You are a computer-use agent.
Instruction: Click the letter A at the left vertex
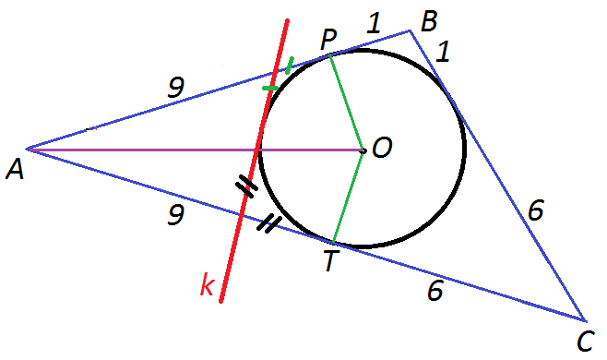(x=15, y=171)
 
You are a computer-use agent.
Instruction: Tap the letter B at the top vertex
(x=429, y=21)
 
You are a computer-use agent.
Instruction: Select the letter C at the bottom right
(x=585, y=342)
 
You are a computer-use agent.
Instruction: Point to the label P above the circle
(x=328, y=40)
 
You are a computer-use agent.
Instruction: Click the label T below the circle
(x=331, y=261)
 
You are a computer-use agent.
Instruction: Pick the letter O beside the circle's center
(x=383, y=148)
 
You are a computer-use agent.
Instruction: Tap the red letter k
(x=207, y=284)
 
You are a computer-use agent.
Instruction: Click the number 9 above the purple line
(x=176, y=87)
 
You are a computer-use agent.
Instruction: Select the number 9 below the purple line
(x=176, y=215)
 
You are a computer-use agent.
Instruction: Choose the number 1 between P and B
(x=374, y=23)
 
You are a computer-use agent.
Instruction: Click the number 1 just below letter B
(x=443, y=52)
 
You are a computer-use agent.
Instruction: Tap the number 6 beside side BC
(x=536, y=210)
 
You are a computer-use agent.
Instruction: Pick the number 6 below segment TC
(x=435, y=291)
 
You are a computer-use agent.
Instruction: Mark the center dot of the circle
(x=363, y=150)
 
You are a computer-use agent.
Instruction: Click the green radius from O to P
(x=346, y=103)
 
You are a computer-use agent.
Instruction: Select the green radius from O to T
(x=348, y=197)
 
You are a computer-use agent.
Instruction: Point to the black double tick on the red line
(x=246, y=186)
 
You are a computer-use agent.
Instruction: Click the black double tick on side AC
(x=268, y=224)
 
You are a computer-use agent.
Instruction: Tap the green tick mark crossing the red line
(x=270, y=89)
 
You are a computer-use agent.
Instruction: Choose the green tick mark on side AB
(x=290, y=66)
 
